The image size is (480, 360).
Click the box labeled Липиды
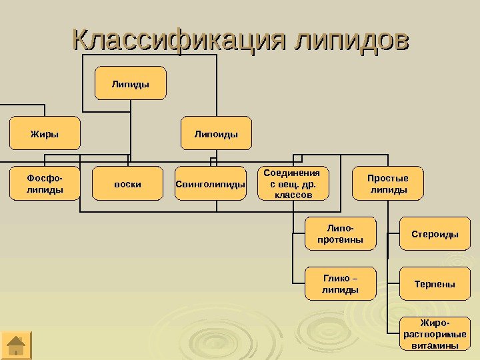[131, 83]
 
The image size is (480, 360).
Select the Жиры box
[45, 133]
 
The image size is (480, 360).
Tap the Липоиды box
[216, 133]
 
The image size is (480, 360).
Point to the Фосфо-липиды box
[45, 184]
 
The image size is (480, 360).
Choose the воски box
[128, 184]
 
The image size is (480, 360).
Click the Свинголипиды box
[211, 184]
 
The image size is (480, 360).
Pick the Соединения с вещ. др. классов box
[292, 184]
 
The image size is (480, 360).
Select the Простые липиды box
[388, 184]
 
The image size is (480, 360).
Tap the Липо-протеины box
[341, 233]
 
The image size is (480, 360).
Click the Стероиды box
[435, 234]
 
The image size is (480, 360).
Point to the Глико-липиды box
[341, 284]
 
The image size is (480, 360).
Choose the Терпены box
[435, 284]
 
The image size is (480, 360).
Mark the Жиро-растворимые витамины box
[435, 335]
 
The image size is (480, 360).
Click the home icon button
[16, 345]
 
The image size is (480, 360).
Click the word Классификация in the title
[178, 40]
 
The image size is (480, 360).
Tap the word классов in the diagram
[292, 195]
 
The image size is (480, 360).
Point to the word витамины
[435, 345]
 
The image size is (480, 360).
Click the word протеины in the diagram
[341, 239]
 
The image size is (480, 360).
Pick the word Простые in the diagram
[388, 178]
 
